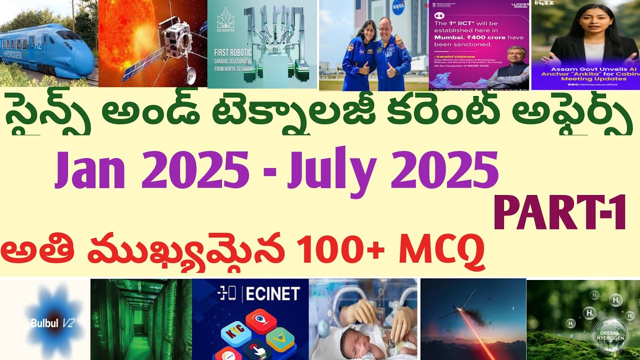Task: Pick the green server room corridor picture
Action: pos(141,320)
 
